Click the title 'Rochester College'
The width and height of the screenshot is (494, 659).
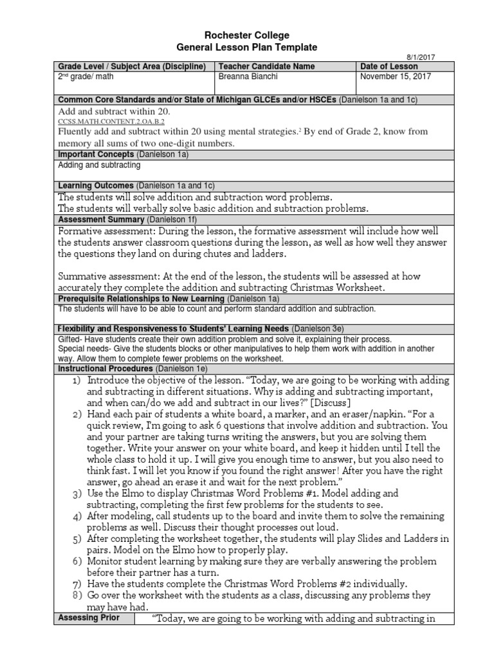247,35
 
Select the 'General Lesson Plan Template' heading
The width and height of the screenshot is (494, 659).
247,48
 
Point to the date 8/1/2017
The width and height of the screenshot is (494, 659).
421,57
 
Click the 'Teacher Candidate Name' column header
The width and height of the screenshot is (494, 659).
267,66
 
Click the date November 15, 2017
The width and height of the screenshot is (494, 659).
396,77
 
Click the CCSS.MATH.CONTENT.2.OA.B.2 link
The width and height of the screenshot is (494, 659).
111,121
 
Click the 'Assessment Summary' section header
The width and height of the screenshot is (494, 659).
101,219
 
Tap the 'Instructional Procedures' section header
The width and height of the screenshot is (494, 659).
105,369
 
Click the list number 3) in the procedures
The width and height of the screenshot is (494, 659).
77,494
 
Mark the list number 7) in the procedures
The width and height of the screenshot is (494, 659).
77,584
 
